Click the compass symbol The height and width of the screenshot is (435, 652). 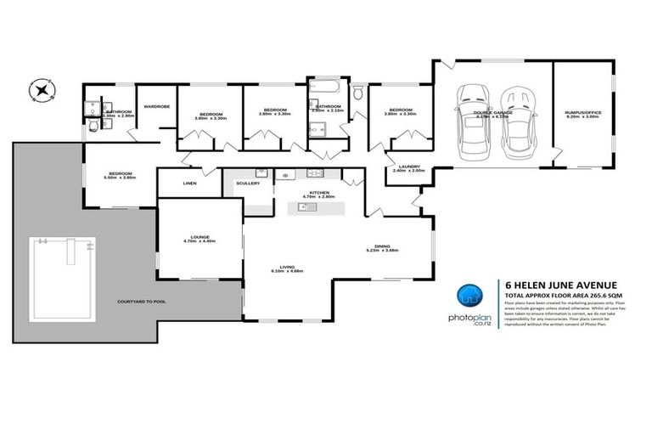(39, 88)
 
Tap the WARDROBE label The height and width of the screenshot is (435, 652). (157, 106)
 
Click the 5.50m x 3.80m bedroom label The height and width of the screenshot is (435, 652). (120, 175)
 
